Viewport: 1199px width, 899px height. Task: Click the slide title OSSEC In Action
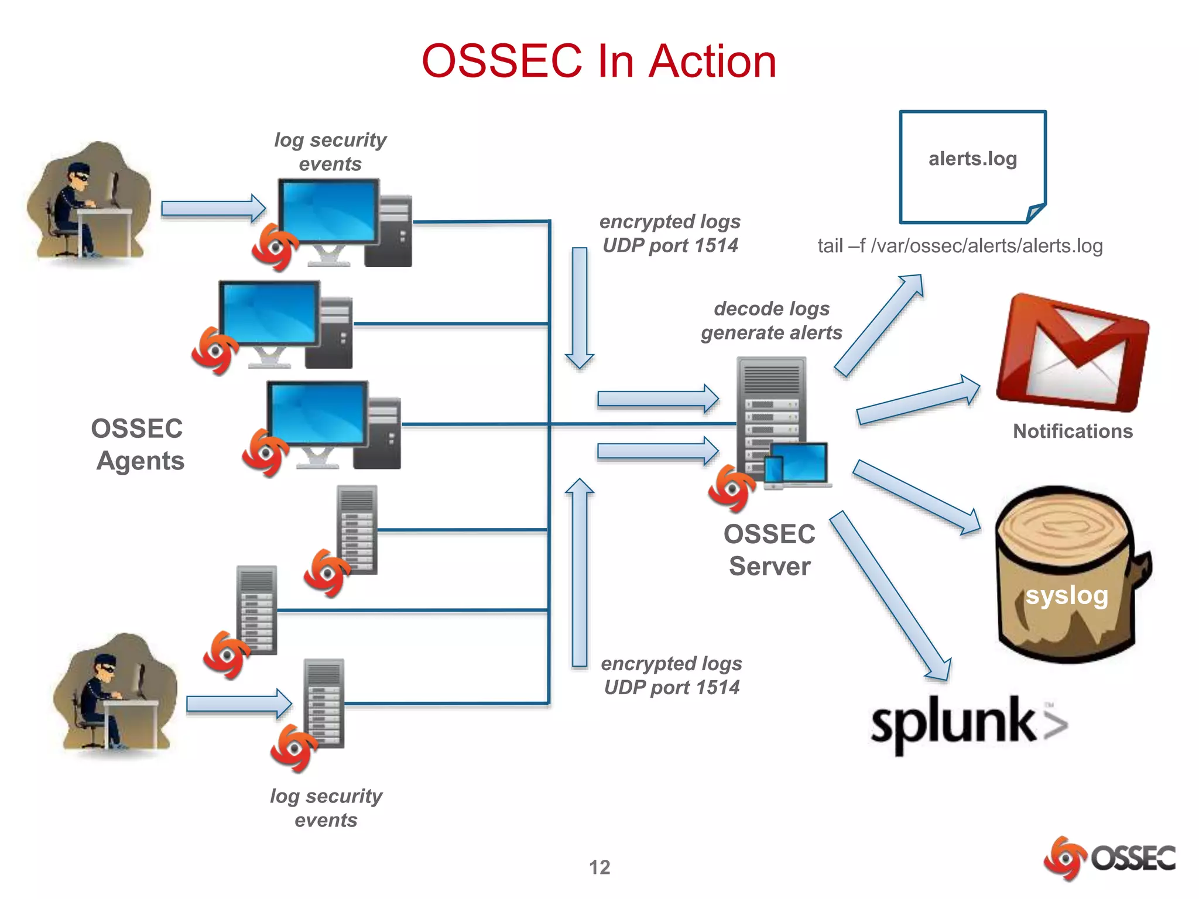click(598, 61)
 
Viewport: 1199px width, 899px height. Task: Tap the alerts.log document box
click(972, 166)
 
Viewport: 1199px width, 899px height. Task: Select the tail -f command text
click(960, 246)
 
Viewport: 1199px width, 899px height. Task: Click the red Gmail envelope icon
click(1073, 354)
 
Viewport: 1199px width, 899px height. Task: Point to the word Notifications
click(1073, 431)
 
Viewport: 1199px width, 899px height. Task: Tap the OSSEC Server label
click(769, 550)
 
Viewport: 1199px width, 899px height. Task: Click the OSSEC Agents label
click(138, 445)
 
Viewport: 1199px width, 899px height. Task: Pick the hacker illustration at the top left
click(89, 202)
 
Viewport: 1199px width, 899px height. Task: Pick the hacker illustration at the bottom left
click(115, 694)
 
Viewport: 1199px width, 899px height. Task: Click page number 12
click(599, 867)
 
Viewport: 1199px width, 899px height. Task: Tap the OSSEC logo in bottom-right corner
click(1109, 858)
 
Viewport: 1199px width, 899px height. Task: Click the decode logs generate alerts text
click(771, 321)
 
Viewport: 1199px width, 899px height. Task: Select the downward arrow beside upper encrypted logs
click(580, 307)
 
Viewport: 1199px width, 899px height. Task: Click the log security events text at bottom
click(326, 808)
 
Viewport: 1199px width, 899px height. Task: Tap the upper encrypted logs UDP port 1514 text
click(670, 234)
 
